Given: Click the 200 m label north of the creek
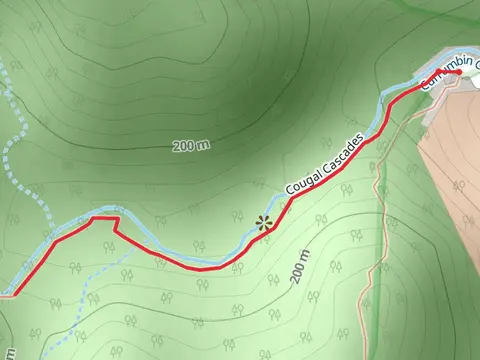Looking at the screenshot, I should point(190,146).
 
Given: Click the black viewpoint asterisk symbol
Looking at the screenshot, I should point(264,224).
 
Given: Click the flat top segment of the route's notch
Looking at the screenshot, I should point(105,216).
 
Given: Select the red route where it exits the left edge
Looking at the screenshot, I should point(6,294).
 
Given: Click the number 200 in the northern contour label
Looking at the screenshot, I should point(184,147).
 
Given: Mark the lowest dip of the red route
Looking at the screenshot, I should point(205,268).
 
